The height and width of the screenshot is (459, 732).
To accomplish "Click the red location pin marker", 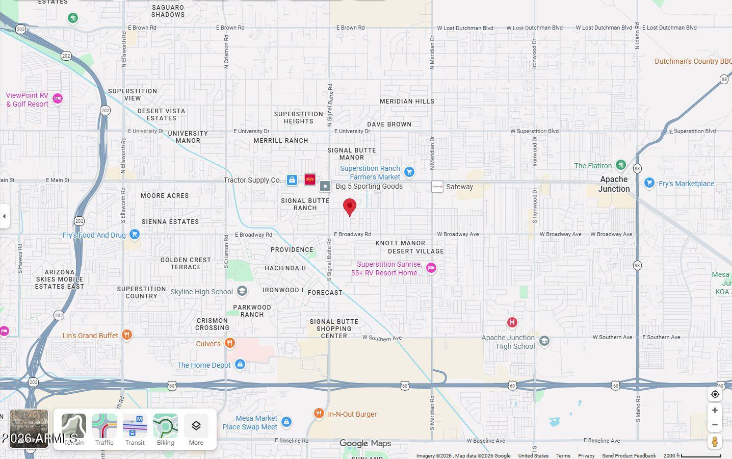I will point(350,207).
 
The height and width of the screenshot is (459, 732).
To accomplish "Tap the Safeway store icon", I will point(437,187).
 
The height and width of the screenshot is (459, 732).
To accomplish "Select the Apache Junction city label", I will point(614,184).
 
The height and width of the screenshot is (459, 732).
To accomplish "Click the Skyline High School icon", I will point(242,291).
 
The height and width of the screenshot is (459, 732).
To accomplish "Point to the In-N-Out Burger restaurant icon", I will point(319,414).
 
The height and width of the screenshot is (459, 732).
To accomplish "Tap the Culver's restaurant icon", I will point(230,343).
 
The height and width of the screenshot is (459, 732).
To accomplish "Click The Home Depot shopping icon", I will point(240,365).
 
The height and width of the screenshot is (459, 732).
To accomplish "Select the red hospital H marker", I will point(512,322).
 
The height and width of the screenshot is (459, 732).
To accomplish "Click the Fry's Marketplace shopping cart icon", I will point(649,183).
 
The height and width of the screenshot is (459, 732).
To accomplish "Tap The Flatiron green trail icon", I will point(620,165).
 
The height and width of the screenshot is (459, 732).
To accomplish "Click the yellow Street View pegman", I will point(715,441).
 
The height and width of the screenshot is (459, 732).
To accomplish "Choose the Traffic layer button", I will point(104,430).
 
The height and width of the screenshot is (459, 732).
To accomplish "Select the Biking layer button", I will point(166,430).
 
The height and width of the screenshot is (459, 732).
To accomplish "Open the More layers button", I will point(196,430).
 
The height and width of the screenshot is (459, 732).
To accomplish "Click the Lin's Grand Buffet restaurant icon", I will point(127,335).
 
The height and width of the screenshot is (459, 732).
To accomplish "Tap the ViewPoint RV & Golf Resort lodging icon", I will point(58,98).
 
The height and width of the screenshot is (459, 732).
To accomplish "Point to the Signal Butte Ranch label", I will point(305,204).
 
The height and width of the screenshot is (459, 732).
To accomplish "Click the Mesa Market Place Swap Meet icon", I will point(286,422).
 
